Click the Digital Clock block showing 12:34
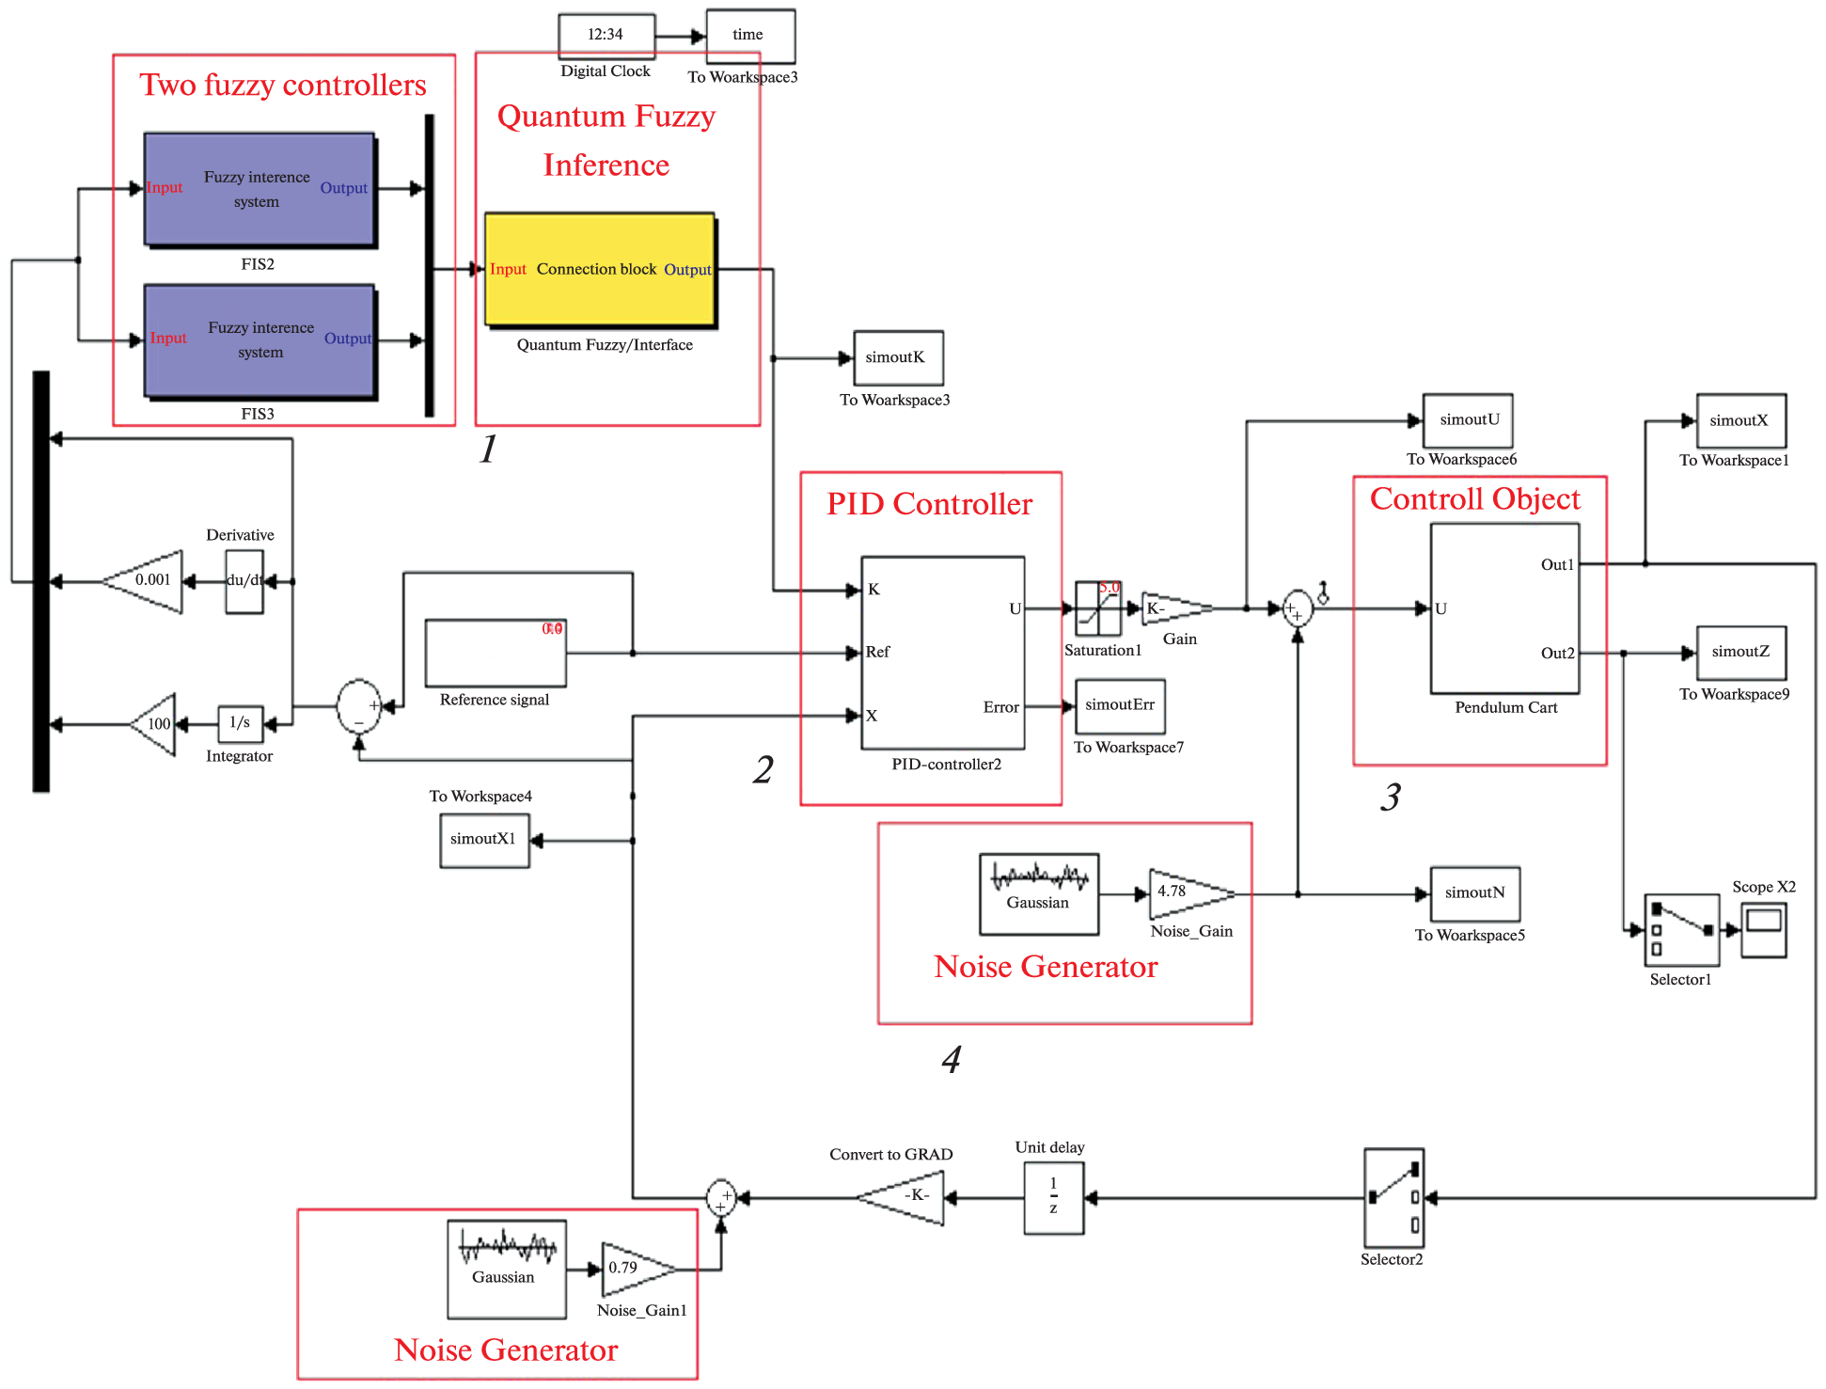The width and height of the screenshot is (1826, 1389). (x=606, y=36)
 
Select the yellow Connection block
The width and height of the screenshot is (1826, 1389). (x=600, y=270)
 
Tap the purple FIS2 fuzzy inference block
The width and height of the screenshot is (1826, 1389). (x=260, y=189)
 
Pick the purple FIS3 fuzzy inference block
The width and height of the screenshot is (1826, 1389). (x=260, y=340)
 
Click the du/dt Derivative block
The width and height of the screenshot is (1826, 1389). (x=244, y=581)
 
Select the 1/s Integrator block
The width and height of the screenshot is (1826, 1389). (x=240, y=723)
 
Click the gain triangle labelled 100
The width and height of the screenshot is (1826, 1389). (x=156, y=724)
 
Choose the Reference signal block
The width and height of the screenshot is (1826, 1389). (x=496, y=653)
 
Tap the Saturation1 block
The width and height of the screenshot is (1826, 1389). (x=1098, y=608)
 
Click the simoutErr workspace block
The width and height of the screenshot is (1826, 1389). (x=1120, y=706)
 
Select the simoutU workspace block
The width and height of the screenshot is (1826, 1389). (x=1468, y=420)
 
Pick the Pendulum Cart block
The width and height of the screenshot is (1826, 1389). (x=1504, y=608)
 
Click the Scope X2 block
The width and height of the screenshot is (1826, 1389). (x=1763, y=930)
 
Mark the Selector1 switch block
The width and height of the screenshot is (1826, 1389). (x=1682, y=930)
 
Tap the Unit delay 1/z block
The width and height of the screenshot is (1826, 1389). (x=1054, y=1197)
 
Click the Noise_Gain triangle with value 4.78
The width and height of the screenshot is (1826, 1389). (x=1186, y=893)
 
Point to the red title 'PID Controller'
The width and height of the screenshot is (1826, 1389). (x=929, y=504)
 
